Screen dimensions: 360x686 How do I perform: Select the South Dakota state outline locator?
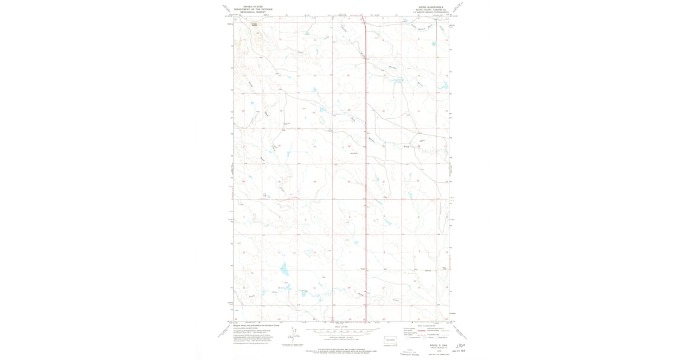click(390, 339)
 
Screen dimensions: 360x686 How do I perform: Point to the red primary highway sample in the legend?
click(409, 329)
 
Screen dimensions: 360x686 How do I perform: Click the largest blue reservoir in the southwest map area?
click(284, 269)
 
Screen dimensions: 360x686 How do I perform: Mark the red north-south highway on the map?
click(366, 171)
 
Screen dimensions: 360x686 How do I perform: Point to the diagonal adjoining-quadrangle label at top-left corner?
click(228, 9)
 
